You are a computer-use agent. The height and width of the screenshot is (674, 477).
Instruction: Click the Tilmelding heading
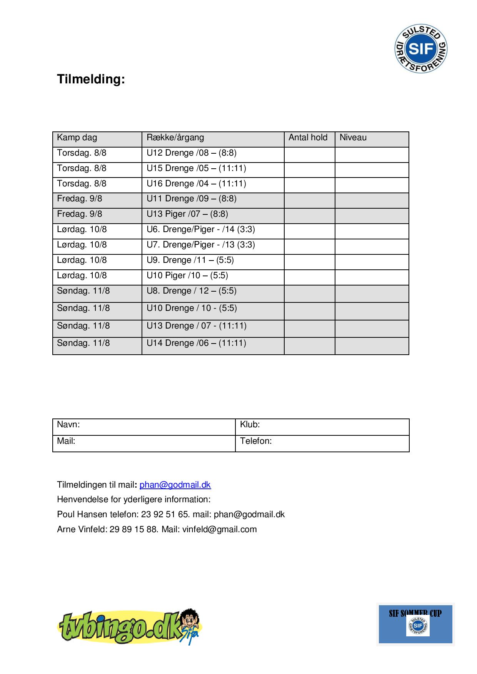91,79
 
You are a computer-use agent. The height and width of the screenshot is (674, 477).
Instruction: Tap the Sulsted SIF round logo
421,49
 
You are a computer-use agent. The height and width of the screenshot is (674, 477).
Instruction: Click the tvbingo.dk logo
130,627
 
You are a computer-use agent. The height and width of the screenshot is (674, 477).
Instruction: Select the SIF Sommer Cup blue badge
415,624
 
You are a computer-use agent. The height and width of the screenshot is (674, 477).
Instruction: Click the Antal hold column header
308,138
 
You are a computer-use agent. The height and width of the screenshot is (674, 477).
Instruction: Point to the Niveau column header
353,138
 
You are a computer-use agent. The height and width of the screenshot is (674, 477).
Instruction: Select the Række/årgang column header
175,138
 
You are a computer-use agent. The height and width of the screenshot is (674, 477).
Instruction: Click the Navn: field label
68,425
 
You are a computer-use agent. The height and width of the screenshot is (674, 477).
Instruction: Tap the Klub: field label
250,425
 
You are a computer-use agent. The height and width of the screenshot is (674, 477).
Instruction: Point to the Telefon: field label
256,441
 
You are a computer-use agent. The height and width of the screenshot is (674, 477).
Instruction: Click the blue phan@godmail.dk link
175,485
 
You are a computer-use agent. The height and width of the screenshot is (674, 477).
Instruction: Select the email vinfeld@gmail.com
219,530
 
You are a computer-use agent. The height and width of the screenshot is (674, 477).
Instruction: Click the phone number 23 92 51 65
165,515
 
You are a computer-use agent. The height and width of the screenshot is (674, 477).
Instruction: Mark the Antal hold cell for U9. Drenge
309,262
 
